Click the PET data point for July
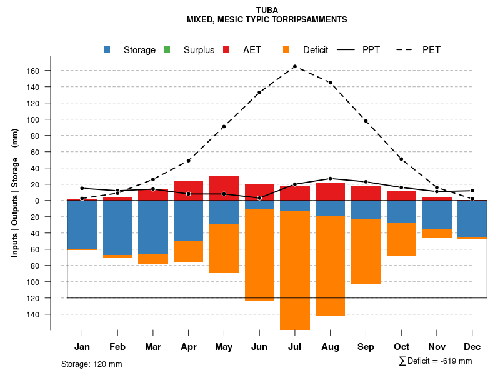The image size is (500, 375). coord(294,66)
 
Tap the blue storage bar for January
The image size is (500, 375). coord(82,224)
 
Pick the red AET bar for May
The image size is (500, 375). coord(224,188)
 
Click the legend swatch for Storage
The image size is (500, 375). coord(107,50)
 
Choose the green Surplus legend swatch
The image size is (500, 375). coord(167,50)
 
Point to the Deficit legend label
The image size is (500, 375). coord(316,50)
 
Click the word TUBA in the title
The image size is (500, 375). coord(267,11)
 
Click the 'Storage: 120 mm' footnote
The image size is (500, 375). coord(92,364)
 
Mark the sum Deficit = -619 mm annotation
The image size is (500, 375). coord(436,361)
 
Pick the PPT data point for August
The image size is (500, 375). coord(330,179)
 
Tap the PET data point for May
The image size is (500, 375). coord(224,127)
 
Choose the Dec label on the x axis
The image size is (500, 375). coord(472,347)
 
